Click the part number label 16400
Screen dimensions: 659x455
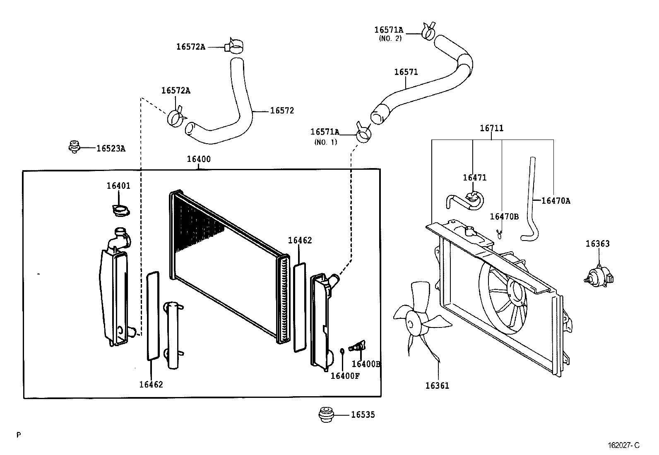[199, 159]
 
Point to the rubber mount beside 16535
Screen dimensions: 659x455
[326, 415]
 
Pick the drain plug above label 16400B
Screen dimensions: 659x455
[358, 346]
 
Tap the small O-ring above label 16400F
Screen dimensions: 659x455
[342, 351]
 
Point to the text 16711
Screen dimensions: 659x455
[492, 128]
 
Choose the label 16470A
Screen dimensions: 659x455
[556, 201]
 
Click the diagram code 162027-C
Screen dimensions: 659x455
[624, 445]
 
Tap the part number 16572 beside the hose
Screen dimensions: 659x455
[282, 111]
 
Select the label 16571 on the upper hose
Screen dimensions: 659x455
[406, 72]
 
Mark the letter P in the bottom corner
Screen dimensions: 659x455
[19, 435]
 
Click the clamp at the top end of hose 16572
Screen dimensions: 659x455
[234, 46]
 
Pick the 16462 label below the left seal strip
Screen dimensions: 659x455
[151, 384]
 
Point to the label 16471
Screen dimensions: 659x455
[474, 178]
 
